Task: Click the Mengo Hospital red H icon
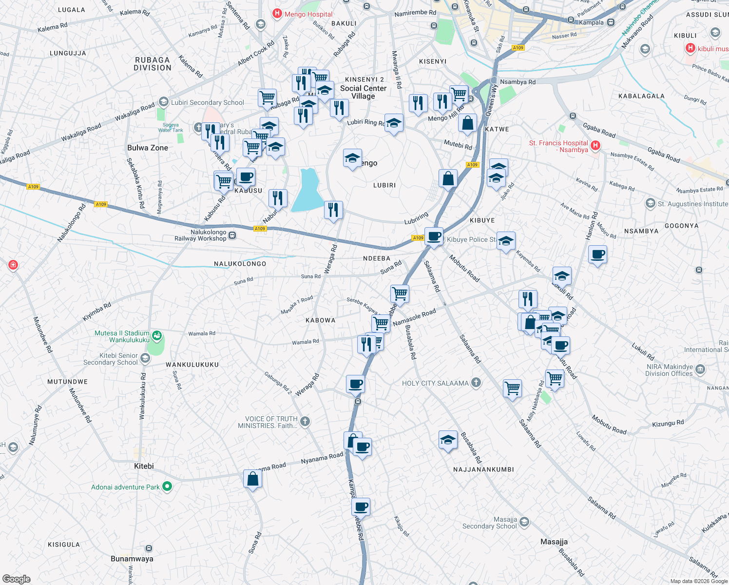(x=277, y=14)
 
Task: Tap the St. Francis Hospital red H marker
(x=595, y=145)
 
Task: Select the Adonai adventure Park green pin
(x=167, y=487)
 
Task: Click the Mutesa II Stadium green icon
(x=156, y=336)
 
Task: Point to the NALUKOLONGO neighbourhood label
(x=240, y=264)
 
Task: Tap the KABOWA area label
(x=320, y=320)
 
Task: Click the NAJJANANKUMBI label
(x=483, y=469)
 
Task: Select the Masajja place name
(x=554, y=542)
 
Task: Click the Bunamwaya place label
(x=132, y=559)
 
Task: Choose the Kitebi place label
(x=144, y=466)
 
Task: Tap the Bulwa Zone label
(x=148, y=148)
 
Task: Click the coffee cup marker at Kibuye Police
(x=434, y=237)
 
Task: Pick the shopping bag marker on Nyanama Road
(x=252, y=479)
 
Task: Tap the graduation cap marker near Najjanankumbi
(x=448, y=440)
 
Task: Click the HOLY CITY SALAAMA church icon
(x=476, y=383)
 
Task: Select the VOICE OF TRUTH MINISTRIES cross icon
(x=305, y=422)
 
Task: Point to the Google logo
(x=17, y=579)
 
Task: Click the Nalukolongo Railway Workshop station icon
(x=232, y=235)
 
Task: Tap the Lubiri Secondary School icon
(x=164, y=102)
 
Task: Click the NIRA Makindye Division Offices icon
(x=700, y=370)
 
